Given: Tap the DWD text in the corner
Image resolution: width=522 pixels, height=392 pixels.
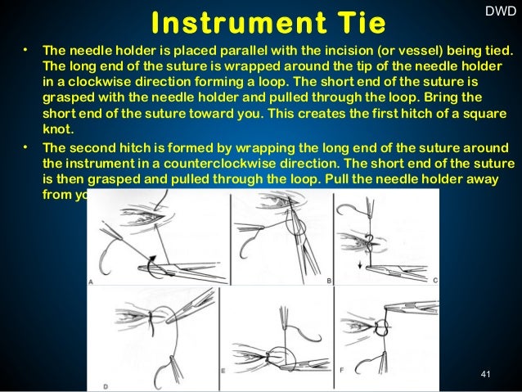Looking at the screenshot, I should click(501, 11).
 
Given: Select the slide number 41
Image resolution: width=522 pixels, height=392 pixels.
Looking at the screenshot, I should click(485, 375).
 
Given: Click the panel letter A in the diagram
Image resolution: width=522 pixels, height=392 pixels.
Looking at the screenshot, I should click(92, 281).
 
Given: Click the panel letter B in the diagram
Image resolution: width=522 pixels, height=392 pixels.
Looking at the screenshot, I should click(327, 280).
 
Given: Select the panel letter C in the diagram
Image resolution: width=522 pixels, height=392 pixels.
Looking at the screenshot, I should click(434, 280).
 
